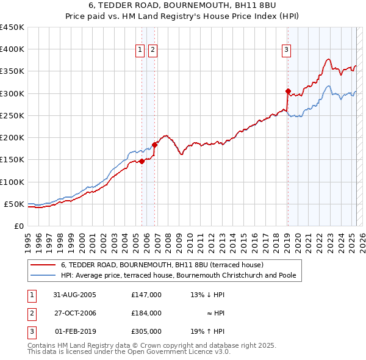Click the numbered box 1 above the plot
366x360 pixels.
(140, 50)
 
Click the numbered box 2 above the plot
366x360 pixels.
(152, 50)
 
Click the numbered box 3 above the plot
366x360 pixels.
(286, 50)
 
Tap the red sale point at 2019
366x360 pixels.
(288, 92)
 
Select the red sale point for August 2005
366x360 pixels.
(142, 161)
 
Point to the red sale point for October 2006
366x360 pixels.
(154, 145)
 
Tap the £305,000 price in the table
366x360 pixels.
(146, 333)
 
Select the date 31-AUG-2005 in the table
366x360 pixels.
(74, 295)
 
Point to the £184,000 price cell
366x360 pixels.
(146, 314)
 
